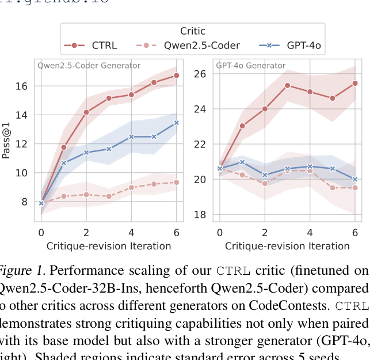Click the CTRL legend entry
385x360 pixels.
click(x=104, y=46)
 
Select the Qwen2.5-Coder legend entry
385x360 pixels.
click(x=203, y=46)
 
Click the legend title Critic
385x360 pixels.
click(x=192, y=32)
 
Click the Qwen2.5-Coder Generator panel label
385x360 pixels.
click(x=89, y=66)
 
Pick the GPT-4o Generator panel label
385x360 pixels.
click(x=250, y=66)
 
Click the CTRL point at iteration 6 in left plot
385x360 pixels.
click(x=176, y=75)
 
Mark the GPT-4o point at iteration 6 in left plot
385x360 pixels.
click(x=176, y=123)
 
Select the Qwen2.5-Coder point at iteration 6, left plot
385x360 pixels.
click(x=176, y=182)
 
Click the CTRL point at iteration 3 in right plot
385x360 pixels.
click(x=287, y=85)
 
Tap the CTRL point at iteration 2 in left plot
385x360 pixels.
click(x=86, y=112)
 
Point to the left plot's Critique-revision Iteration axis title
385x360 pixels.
click(x=109, y=247)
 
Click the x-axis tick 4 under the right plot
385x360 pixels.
click(x=310, y=232)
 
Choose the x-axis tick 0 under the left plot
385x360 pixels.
click(x=41, y=232)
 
